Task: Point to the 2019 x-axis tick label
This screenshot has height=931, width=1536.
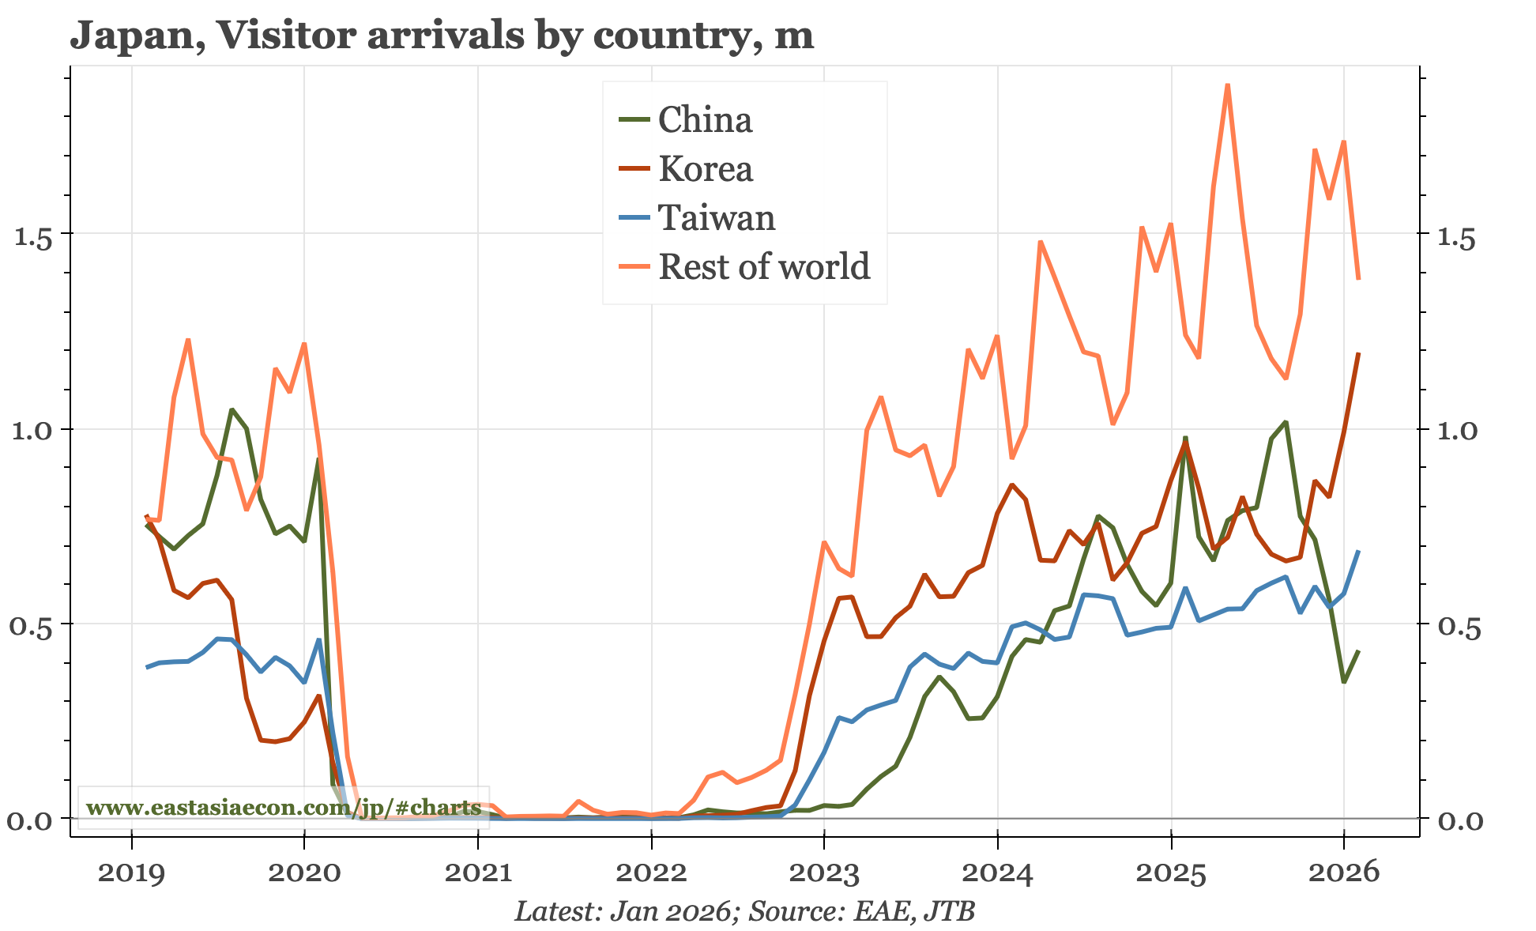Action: coord(131,873)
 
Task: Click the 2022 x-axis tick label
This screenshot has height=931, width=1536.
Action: coord(650,873)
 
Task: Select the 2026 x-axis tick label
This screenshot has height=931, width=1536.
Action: coord(1343,873)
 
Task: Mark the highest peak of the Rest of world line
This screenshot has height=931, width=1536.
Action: coord(1227,85)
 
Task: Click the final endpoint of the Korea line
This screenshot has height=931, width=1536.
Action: coord(1358,353)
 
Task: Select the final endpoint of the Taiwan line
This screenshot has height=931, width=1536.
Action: coord(1358,551)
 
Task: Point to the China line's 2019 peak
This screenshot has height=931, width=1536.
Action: coord(232,409)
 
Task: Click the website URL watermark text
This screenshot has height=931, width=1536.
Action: coord(283,808)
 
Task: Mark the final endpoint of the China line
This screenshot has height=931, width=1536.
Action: coord(1358,651)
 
